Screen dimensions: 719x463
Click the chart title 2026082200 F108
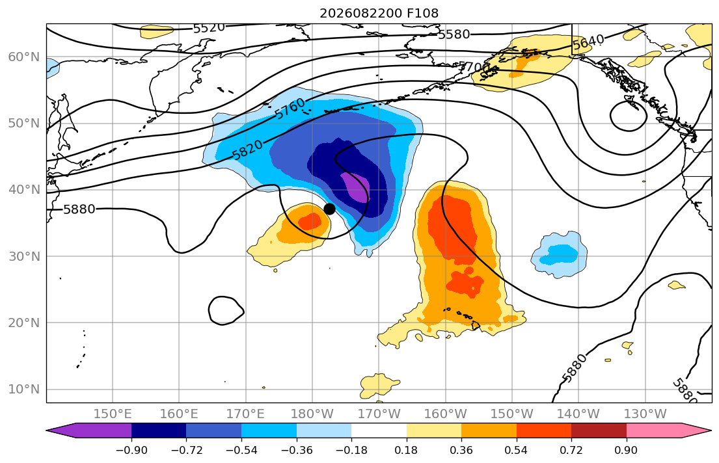click(x=379, y=13)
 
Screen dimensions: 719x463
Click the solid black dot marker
click(x=329, y=209)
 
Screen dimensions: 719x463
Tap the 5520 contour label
click(x=209, y=28)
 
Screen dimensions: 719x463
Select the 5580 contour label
click(x=454, y=34)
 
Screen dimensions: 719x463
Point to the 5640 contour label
click(x=588, y=42)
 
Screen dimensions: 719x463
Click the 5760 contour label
click(x=290, y=109)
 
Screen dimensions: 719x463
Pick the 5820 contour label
click(x=248, y=150)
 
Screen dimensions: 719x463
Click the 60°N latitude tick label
click(x=24, y=57)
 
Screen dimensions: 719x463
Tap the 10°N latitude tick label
click(x=24, y=390)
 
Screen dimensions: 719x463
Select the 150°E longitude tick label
click(x=113, y=414)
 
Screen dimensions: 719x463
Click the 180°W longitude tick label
click(x=312, y=414)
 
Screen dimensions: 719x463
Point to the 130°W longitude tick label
click(x=645, y=414)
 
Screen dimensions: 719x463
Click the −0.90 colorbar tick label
click(x=131, y=451)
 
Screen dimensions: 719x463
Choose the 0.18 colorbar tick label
click(x=406, y=451)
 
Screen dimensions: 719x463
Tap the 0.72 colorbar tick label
click(x=571, y=451)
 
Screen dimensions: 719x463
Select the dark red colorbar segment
click(x=599, y=430)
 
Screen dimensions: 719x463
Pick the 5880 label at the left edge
click(x=79, y=209)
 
